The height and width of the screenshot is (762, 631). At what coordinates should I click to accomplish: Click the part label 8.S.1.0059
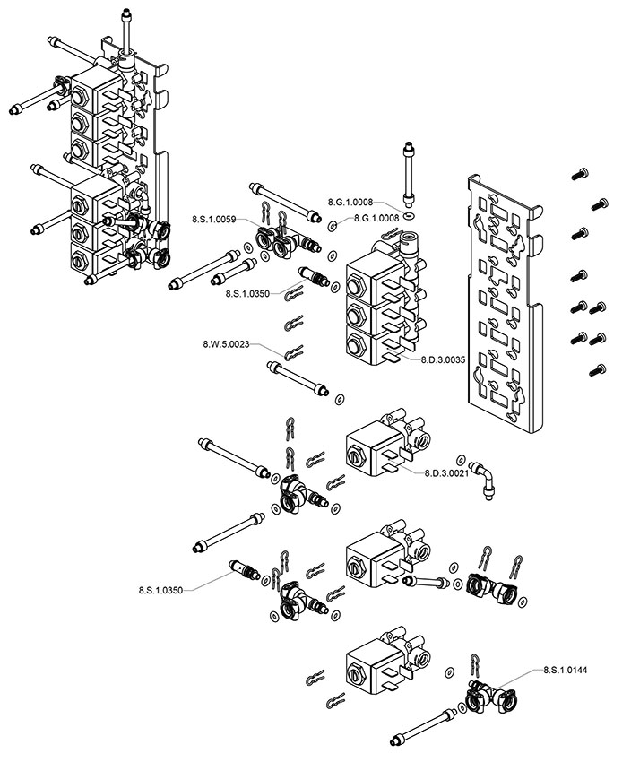pyautogui.click(x=213, y=219)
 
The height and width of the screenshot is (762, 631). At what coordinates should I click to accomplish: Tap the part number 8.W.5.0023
pyautogui.click(x=226, y=344)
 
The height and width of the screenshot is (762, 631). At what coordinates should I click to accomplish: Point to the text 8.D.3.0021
pyautogui.click(x=446, y=472)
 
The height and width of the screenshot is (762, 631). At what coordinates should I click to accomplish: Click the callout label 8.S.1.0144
pyautogui.click(x=565, y=671)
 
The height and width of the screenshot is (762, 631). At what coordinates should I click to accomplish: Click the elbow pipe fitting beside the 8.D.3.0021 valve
pyautogui.click(x=484, y=479)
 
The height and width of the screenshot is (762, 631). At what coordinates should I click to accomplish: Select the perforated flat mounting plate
pyautogui.click(x=506, y=304)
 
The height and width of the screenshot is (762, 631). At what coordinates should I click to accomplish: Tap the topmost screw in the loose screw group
pyautogui.click(x=580, y=174)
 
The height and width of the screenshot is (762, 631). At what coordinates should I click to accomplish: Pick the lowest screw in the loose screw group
pyautogui.click(x=598, y=370)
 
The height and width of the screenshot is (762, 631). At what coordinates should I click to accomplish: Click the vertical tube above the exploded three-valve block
pyautogui.click(x=408, y=174)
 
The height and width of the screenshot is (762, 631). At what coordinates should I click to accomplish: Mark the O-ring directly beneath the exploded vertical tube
pyautogui.click(x=410, y=215)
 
